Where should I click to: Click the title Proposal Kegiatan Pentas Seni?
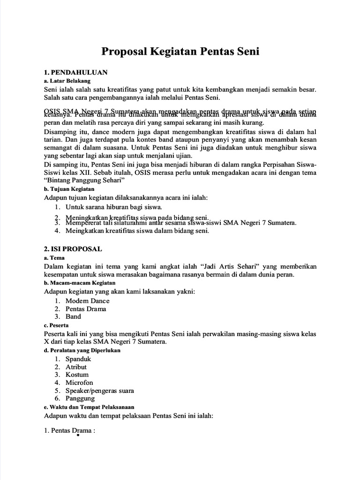[x=180, y=52]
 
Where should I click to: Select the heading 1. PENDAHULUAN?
[x=75, y=72]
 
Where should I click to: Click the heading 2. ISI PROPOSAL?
[x=72, y=248]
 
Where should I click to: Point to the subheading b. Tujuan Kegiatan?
[x=69, y=189]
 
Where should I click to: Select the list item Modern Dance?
[x=88, y=300]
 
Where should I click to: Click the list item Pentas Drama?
[x=86, y=308]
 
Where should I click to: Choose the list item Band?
[x=73, y=316]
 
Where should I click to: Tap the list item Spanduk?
[x=78, y=359]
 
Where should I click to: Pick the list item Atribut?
[x=76, y=367]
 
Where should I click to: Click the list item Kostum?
[x=77, y=375]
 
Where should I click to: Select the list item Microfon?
[x=79, y=382]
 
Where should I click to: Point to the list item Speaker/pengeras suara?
[x=100, y=390]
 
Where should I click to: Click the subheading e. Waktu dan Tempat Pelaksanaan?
[x=89, y=407]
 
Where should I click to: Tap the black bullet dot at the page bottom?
[x=77, y=435]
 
